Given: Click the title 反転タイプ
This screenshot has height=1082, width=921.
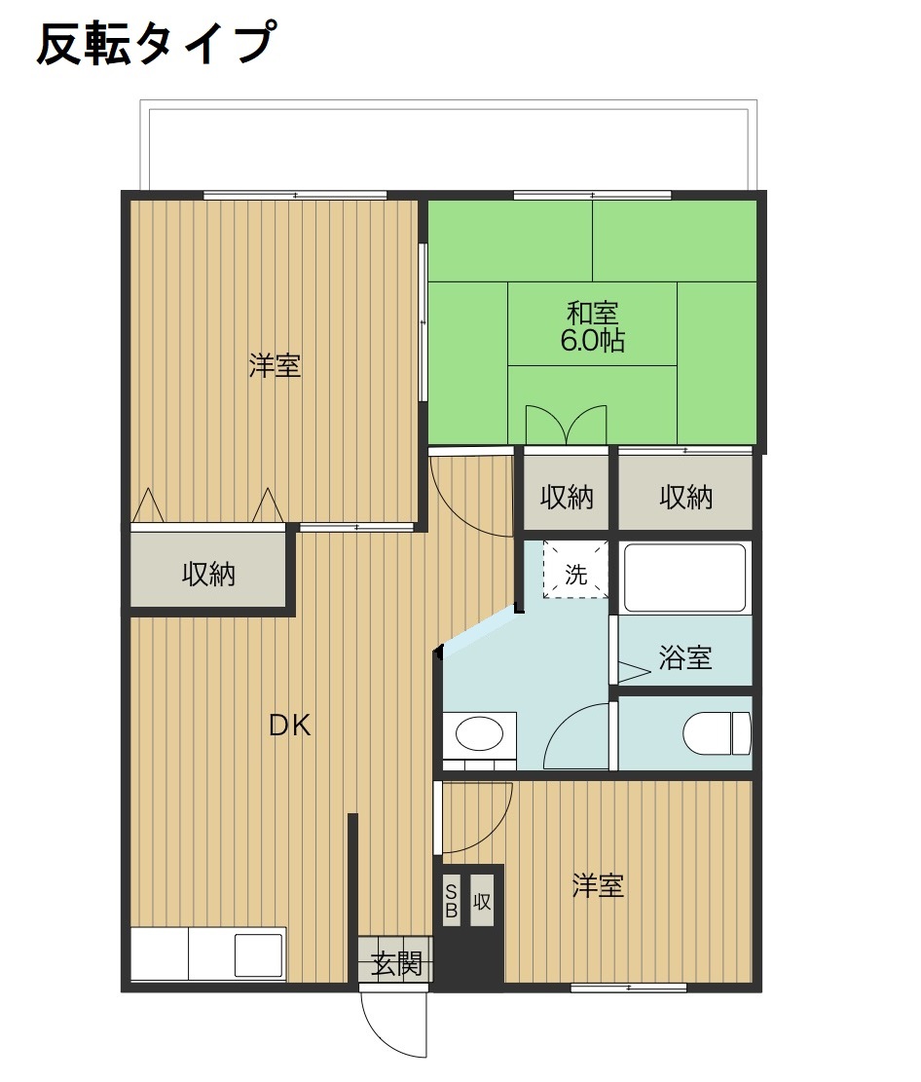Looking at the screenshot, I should [153, 44].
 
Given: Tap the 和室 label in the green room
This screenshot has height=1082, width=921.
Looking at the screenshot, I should [592, 314].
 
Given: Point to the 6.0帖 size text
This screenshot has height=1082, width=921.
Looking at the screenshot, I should [592, 341].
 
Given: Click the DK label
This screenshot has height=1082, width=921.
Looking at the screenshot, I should [290, 726].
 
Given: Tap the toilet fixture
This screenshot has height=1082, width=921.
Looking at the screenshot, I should [718, 733].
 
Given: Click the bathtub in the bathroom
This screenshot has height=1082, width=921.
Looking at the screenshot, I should [684, 578].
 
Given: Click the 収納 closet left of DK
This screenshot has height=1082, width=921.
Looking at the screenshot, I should [209, 575].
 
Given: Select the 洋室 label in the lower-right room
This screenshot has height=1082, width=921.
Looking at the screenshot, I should [597, 886].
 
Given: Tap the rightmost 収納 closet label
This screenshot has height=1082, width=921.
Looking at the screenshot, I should [686, 498].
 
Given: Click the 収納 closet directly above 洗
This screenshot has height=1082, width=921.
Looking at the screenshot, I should [567, 498].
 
